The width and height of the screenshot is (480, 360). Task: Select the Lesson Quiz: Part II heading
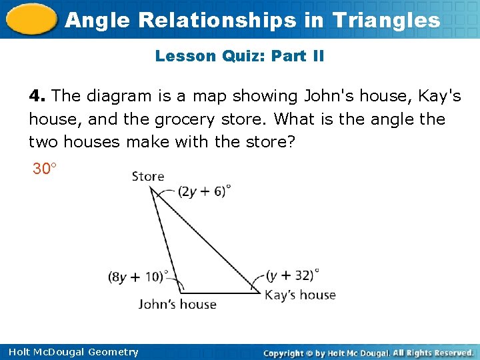[239, 56]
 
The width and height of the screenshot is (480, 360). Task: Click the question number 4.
[36, 96]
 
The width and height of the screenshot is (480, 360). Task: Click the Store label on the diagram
[148, 177]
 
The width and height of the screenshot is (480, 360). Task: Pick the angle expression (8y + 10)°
[139, 276]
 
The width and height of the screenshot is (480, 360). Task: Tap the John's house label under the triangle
[177, 304]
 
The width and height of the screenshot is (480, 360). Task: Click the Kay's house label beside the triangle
[300, 294]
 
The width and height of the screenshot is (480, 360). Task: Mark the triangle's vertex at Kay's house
[260, 292]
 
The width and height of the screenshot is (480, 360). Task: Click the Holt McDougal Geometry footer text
[73, 352]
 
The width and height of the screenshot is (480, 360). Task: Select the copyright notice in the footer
[368, 352]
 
